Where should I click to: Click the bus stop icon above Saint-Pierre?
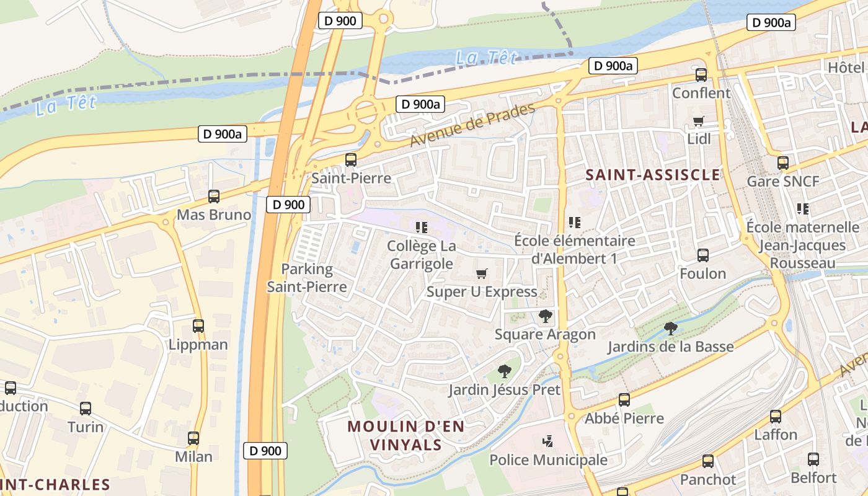351,160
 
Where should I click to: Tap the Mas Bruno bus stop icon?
214,197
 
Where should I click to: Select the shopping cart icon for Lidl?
699,121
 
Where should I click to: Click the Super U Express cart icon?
482,273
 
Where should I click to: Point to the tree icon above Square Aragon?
546,316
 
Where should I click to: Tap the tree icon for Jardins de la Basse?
670,328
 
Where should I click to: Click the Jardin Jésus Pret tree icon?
505,371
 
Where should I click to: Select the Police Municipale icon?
548,441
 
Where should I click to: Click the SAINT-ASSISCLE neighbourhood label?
653,175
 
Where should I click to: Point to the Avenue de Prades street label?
472,126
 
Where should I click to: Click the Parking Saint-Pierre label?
307,278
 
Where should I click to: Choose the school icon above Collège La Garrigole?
422,228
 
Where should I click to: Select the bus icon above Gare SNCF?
783,163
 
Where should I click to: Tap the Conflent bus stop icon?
701,75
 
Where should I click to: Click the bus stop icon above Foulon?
703,255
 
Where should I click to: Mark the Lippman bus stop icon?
198,326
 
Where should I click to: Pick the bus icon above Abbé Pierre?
624,400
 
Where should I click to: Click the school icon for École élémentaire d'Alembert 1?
575,222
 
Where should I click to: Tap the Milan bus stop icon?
193,438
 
